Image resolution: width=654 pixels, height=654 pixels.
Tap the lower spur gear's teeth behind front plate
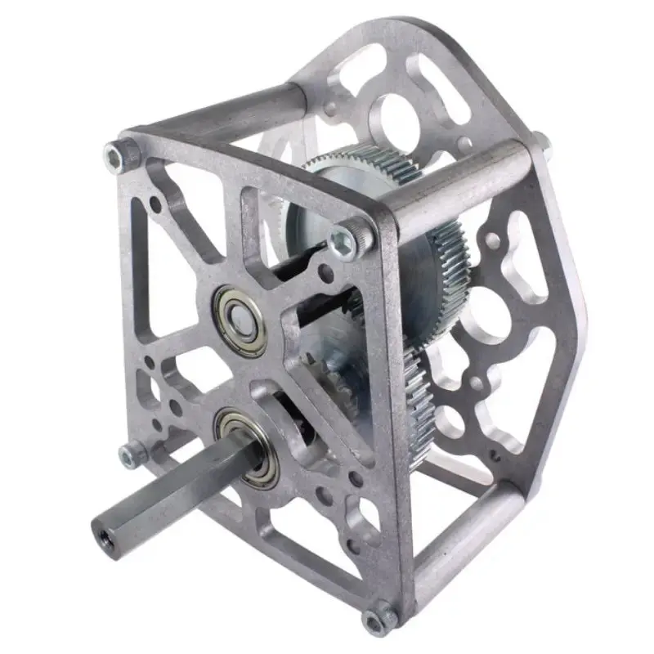[x=421, y=401]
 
